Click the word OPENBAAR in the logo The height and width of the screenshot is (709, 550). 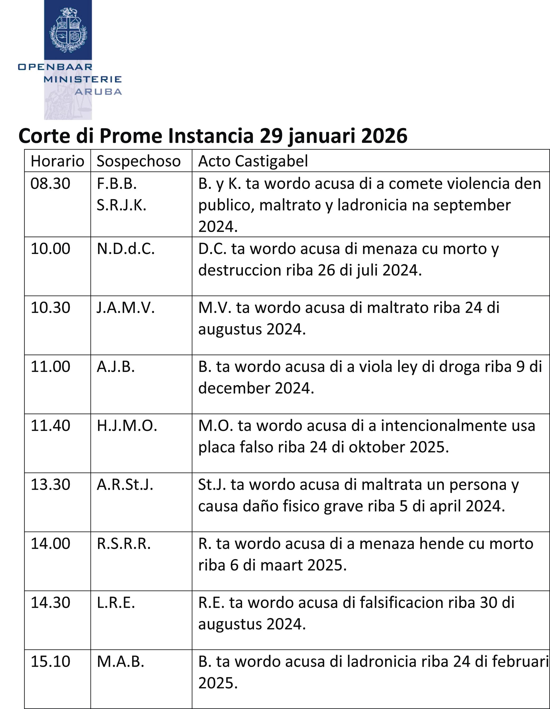tap(56, 67)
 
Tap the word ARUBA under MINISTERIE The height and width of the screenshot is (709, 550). tap(98, 92)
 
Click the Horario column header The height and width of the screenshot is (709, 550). tap(57, 161)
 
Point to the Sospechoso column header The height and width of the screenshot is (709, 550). tap(138, 161)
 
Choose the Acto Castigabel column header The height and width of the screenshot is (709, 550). tap(253, 161)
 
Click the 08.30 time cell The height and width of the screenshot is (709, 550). tap(50, 184)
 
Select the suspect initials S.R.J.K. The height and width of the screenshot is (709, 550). tap(122, 205)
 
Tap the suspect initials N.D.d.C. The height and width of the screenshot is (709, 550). tap(126, 249)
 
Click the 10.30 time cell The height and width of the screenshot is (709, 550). tap(50, 308)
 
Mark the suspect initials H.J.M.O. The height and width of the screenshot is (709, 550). tap(127, 426)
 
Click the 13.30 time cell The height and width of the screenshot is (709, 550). tap(50, 485)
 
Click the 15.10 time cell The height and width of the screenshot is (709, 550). tap(50, 662)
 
